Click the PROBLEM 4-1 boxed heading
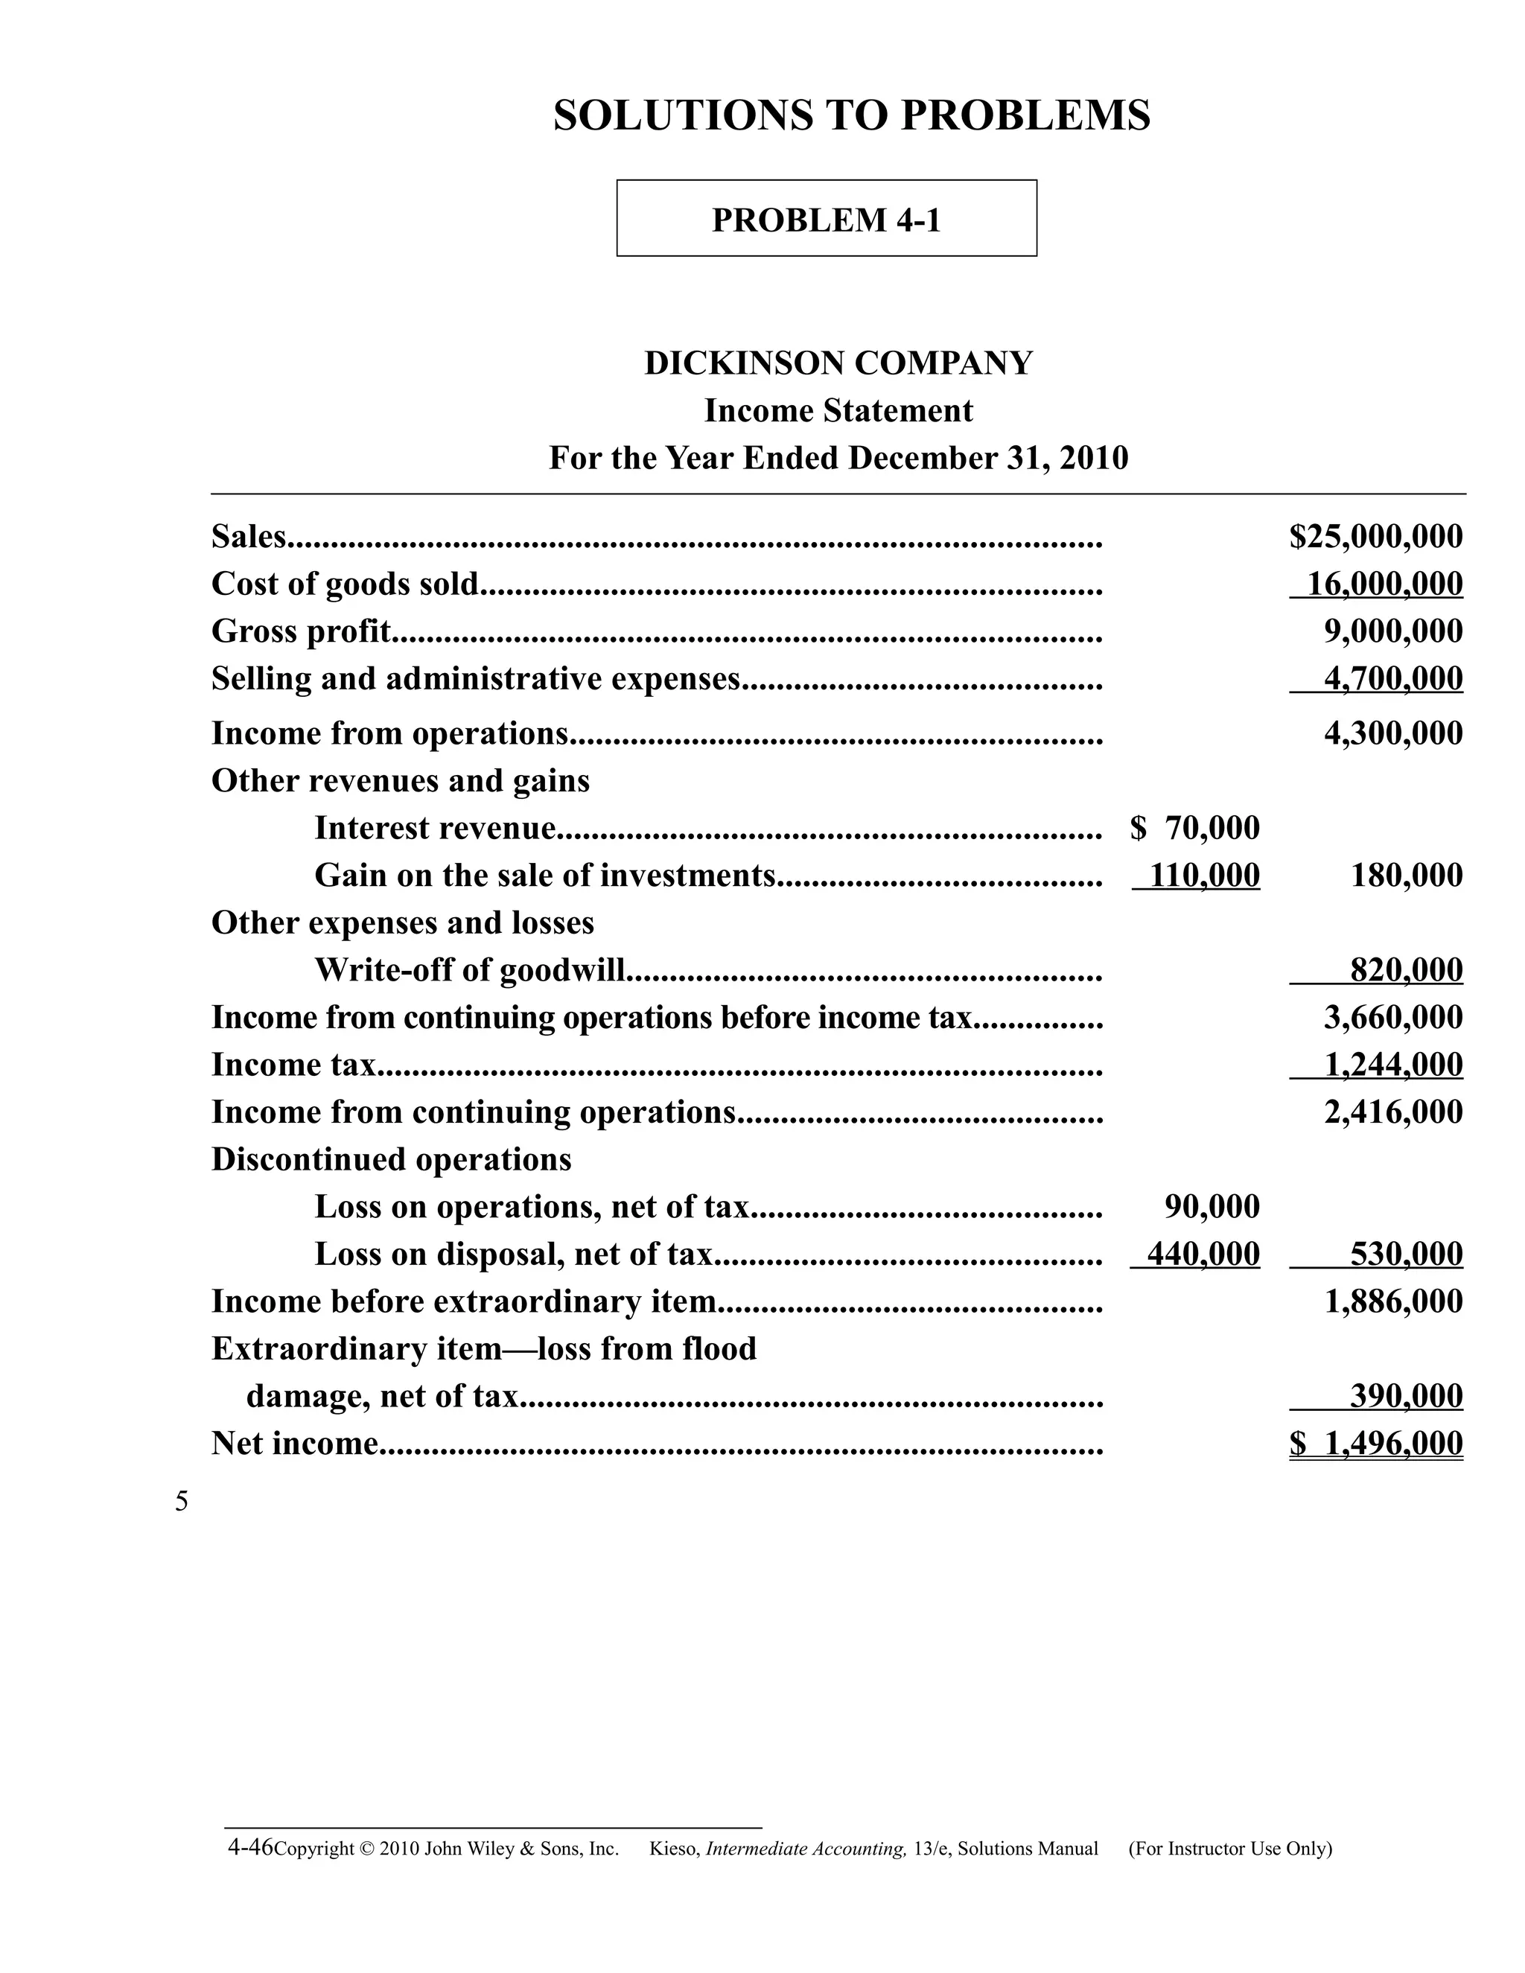coord(826,220)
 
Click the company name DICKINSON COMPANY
coord(838,363)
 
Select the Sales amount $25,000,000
coord(1375,537)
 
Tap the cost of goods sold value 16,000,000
coord(1384,584)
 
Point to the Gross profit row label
coord(301,631)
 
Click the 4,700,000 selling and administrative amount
coord(1392,678)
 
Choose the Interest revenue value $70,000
coord(1194,827)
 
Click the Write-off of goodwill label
coord(469,970)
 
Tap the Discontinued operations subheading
coord(391,1159)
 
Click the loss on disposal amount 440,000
coord(1203,1254)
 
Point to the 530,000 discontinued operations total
coord(1406,1254)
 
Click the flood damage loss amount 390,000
coord(1406,1396)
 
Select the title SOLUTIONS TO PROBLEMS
coord(851,115)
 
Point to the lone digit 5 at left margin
coord(182,1502)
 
